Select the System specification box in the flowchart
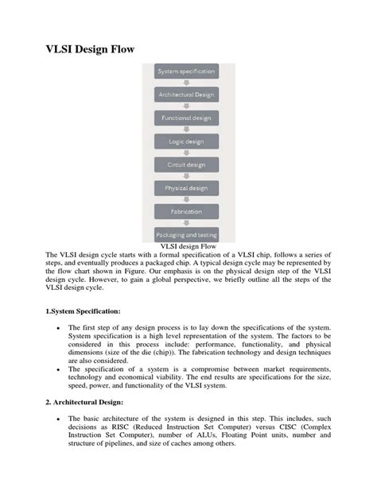pos(186,71)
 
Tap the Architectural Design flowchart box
pos(186,95)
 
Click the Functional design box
pos(186,118)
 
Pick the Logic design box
pos(186,141)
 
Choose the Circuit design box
pos(186,165)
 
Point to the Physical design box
pos(186,188)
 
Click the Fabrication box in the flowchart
pos(186,212)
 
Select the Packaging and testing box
pos(186,235)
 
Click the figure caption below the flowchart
pos(188,246)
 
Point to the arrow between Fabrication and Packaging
pos(186,224)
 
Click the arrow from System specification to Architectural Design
pos(186,83)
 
